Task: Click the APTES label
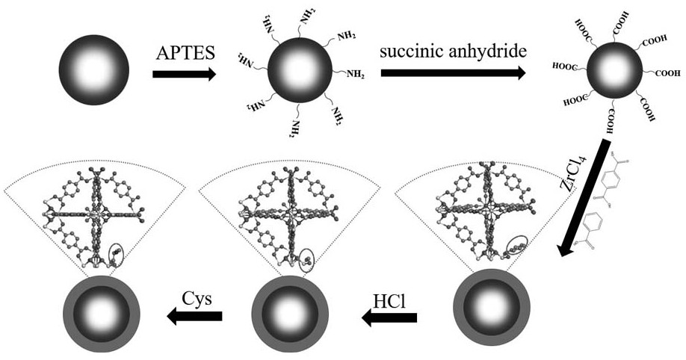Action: pos(185,53)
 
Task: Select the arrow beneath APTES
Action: pos(184,75)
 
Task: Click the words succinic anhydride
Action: pos(453,52)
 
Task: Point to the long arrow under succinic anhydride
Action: pos(454,73)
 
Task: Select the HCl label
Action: pos(390,302)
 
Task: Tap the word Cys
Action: pos(197,300)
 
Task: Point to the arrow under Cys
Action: pos(195,316)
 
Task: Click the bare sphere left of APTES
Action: pos(94,70)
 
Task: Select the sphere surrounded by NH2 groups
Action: pos(300,70)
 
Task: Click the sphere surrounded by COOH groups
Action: pos(615,71)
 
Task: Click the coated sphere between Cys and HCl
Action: pos(290,314)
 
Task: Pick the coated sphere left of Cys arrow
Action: pos(102,314)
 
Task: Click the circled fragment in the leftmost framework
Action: pos(116,255)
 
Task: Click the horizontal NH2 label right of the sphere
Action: pos(356,74)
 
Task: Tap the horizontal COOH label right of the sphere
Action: pos(667,73)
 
